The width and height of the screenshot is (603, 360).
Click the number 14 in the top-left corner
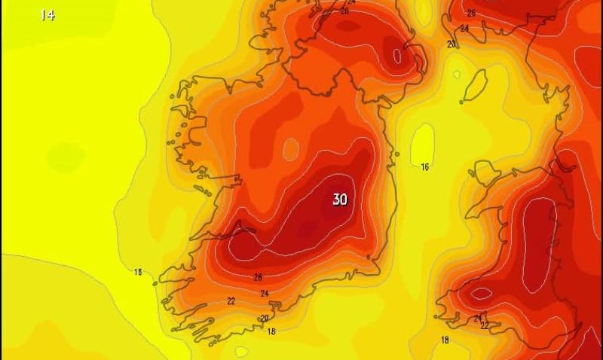point(47,14)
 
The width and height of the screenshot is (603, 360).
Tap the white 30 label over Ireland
point(340,200)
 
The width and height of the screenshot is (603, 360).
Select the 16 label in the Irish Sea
point(424,167)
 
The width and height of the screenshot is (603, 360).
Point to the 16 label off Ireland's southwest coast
point(138,272)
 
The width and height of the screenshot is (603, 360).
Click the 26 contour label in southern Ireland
point(258,277)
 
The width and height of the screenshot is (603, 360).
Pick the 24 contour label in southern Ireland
point(265,293)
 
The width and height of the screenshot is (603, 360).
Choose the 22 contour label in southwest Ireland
point(231,301)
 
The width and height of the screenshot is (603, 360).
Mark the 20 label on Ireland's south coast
point(265,319)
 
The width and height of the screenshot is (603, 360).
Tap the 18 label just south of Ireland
point(271,331)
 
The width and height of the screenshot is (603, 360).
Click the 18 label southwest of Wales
point(445,340)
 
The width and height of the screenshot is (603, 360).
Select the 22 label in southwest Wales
point(484,326)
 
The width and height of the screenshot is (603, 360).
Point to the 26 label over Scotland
point(471,13)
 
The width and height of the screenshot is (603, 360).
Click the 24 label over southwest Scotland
point(464,29)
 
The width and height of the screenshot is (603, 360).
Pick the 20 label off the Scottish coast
point(451,44)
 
